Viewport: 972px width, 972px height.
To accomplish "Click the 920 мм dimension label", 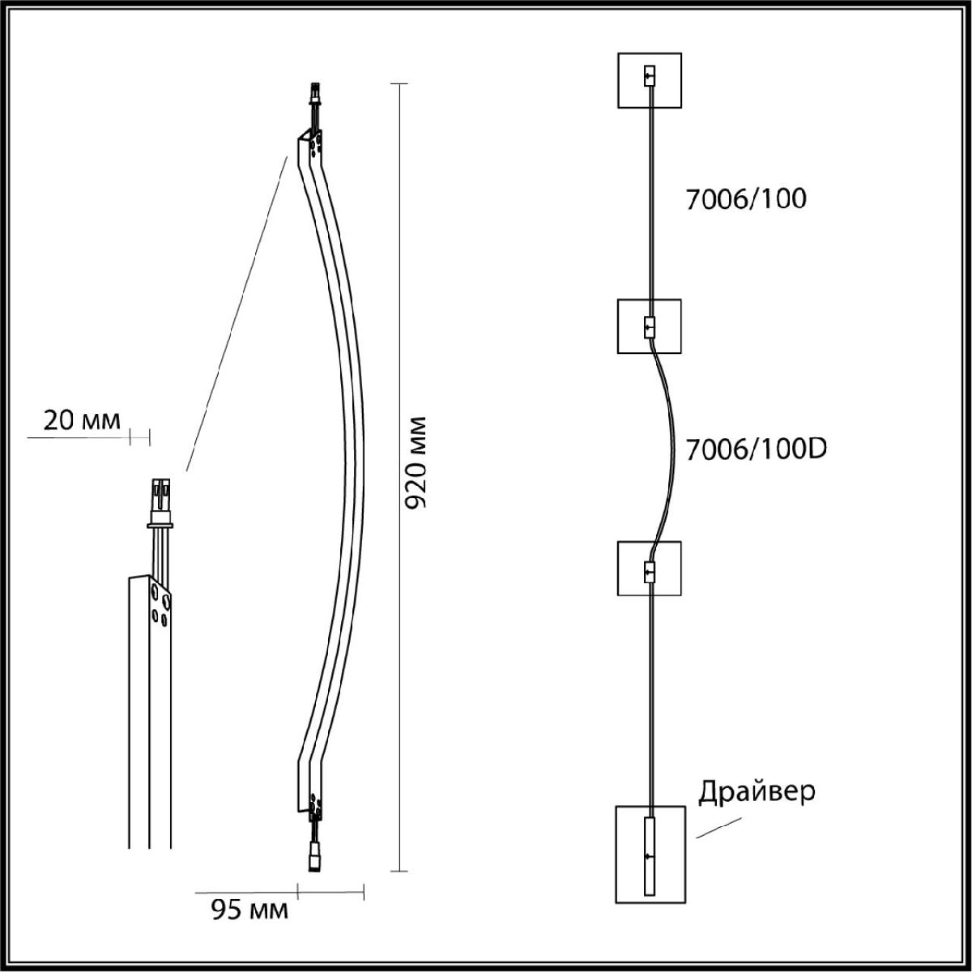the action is [x=416, y=463].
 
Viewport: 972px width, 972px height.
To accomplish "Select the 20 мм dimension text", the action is [x=82, y=420].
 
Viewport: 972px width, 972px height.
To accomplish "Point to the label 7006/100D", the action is [x=756, y=450].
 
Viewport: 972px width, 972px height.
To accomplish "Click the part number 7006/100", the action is [x=746, y=199].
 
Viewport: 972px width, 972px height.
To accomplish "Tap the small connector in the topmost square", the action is [x=649, y=76].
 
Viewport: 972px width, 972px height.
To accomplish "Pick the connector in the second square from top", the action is [x=649, y=327].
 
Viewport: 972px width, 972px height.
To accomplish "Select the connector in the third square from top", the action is [x=649, y=572].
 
